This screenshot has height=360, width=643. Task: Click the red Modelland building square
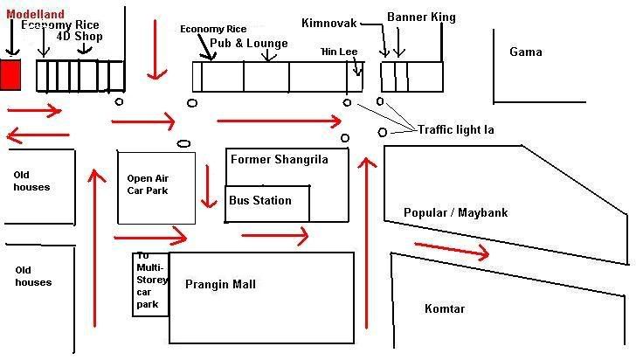(10, 74)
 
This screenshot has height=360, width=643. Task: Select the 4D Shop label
(80, 37)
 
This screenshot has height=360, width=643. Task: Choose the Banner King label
(421, 17)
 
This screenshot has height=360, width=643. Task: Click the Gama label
(526, 52)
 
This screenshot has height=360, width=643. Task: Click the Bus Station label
(260, 200)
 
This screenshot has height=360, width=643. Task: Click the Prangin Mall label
(220, 284)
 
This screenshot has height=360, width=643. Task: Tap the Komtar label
(445, 308)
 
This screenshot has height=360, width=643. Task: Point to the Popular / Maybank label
(455, 212)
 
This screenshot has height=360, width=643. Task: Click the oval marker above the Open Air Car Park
(184, 143)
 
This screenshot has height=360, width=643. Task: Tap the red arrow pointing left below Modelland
(36, 135)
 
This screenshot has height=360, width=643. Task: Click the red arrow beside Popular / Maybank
(451, 250)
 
